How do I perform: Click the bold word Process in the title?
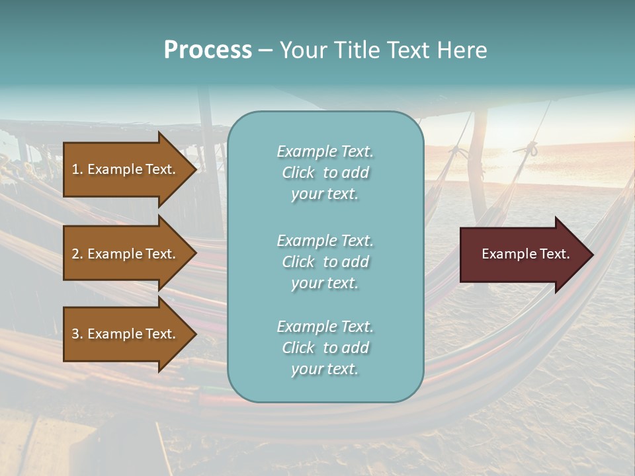208,50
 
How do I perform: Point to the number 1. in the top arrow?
77,170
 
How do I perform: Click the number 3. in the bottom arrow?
77,335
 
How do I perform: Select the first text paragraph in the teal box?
325,173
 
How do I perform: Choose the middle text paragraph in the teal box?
325,262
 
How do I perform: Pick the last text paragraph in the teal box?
325,348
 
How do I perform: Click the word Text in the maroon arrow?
554,254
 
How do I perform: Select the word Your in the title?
302,50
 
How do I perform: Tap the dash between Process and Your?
266,51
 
